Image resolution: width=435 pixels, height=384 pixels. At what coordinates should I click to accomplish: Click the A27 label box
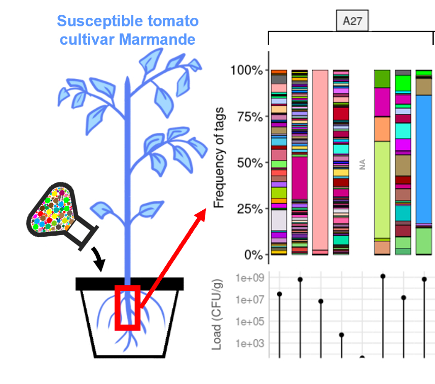click(x=352, y=21)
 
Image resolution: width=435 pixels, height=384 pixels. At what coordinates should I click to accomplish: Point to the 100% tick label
click(x=246, y=70)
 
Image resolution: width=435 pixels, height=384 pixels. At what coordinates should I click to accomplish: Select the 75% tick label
click(x=249, y=116)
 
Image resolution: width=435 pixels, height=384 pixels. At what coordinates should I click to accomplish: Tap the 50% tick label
click(x=249, y=163)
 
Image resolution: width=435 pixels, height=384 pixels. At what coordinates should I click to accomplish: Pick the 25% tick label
click(x=249, y=209)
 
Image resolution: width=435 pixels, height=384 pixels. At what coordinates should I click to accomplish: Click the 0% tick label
click(x=252, y=254)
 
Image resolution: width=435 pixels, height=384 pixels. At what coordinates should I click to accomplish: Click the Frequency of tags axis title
click(x=219, y=162)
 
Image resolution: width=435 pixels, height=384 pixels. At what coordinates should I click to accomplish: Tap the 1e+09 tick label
click(x=249, y=278)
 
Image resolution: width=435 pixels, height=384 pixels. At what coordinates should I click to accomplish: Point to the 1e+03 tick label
click(x=249, y=343)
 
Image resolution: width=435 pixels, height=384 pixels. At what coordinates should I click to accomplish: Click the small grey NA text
click(x=362, y=164)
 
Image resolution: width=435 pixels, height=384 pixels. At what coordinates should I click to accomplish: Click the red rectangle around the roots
click(x=127, y=307)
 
